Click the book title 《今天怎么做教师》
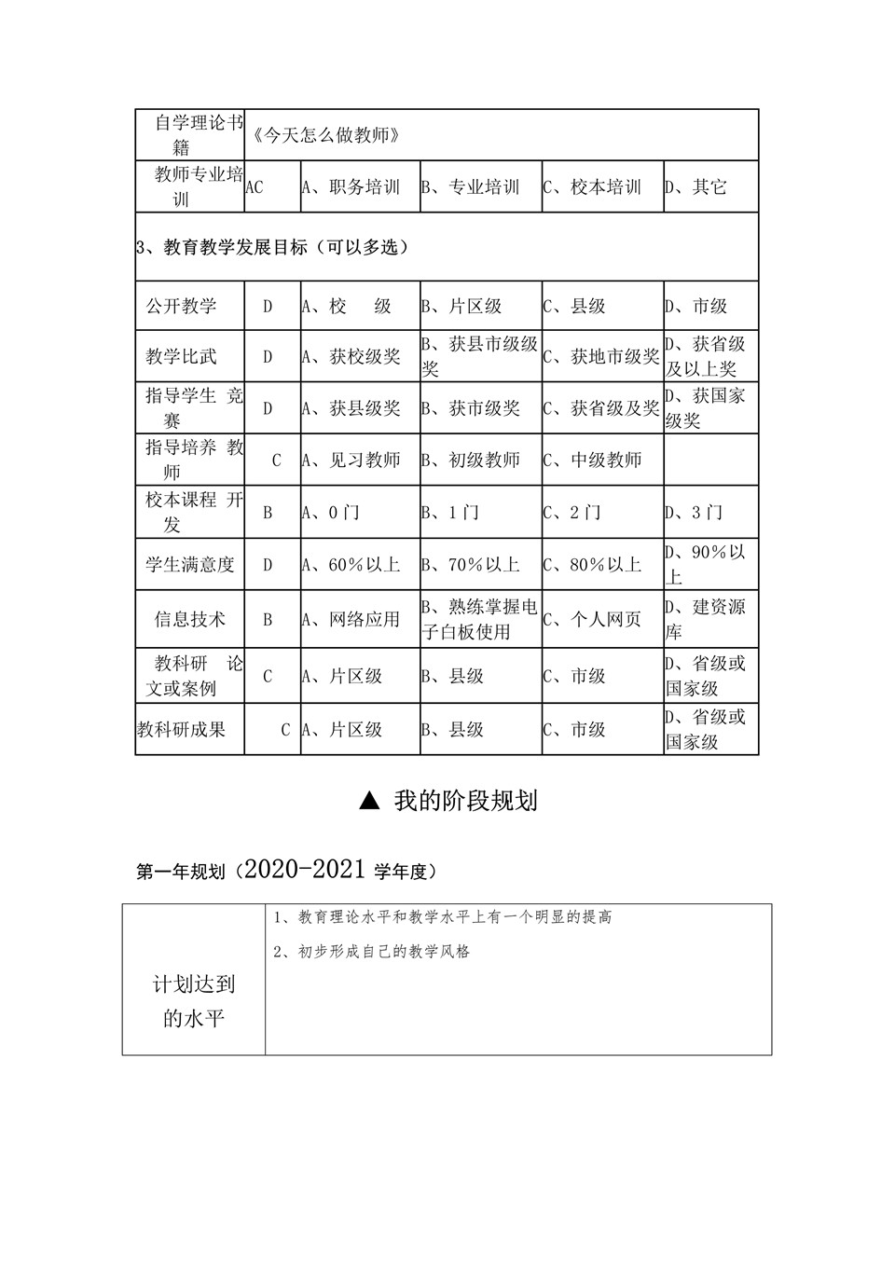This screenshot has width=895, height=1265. tap(326, 135)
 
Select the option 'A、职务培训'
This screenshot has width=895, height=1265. tap(351, 187)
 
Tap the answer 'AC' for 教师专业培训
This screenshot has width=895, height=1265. tap(255, 187)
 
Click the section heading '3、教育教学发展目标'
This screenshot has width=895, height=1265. tap(272, 247)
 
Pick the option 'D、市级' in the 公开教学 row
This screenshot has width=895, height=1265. tap(695, 307)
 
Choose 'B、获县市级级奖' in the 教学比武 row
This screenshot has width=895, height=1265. tap(479, 356)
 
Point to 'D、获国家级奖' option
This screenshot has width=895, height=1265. tap(705, 407)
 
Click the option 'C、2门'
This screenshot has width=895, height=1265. tap(572, 512)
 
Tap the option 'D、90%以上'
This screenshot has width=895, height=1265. tap(705, 564)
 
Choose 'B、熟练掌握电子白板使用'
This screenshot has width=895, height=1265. tap(479, 619)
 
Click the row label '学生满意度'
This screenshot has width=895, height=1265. tap(190, 564)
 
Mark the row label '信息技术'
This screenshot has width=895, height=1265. tap(190, 619)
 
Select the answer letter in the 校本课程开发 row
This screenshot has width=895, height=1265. tap(268, 512)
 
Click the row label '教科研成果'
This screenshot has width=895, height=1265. tap(182, 730)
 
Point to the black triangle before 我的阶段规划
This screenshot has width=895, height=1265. tap(369, 801)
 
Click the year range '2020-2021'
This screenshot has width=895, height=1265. tap(305, 870)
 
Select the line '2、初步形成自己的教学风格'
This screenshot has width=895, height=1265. tap(373, 952)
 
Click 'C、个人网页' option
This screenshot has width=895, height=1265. tap(592, 619)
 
